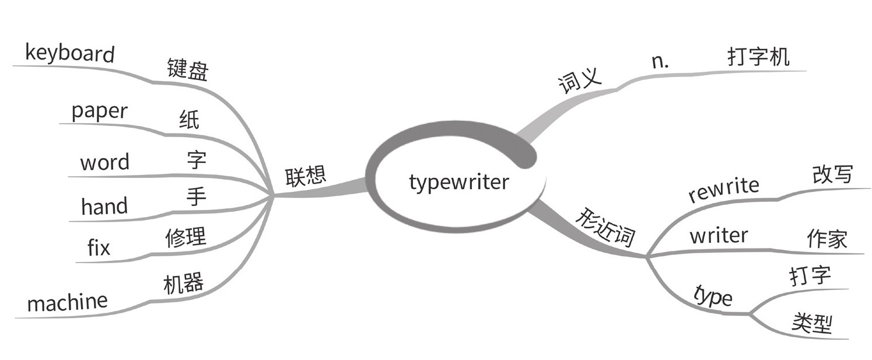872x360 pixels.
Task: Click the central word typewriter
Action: pyautogui.click(x=458, y=182)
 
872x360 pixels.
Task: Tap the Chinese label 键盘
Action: pyautogui.click(x=187, y=71)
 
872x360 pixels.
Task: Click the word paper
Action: pyautogui.click(x=99, y=111)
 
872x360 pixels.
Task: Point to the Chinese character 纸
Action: pyautogui.click(x=189, y=120)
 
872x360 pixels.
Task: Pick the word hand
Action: pyautogui.click(x=104, y=206)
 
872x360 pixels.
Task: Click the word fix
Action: pyautogui.click(x=99, y=248)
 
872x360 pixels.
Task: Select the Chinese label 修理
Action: pyautogui.click(x=185, y=237)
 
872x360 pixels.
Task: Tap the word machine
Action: pyautogui.click(x=68, y=302)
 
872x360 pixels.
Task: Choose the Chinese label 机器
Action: pyautogui.click(x=183, y=284)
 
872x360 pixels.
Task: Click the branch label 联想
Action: pyautogui.click(x=304, y=176)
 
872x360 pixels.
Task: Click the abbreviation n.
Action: pyautogui.click(x=660, y=62)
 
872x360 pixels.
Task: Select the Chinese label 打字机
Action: pyautogui.click(x=758, y=57)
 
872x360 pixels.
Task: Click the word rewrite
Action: pyautogui.click(x=723, y=189)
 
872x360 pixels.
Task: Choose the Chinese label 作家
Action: pyautogui.click(x=827, y=239)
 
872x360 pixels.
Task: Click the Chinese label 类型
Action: pyautogui.click(x=812, y=323)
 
